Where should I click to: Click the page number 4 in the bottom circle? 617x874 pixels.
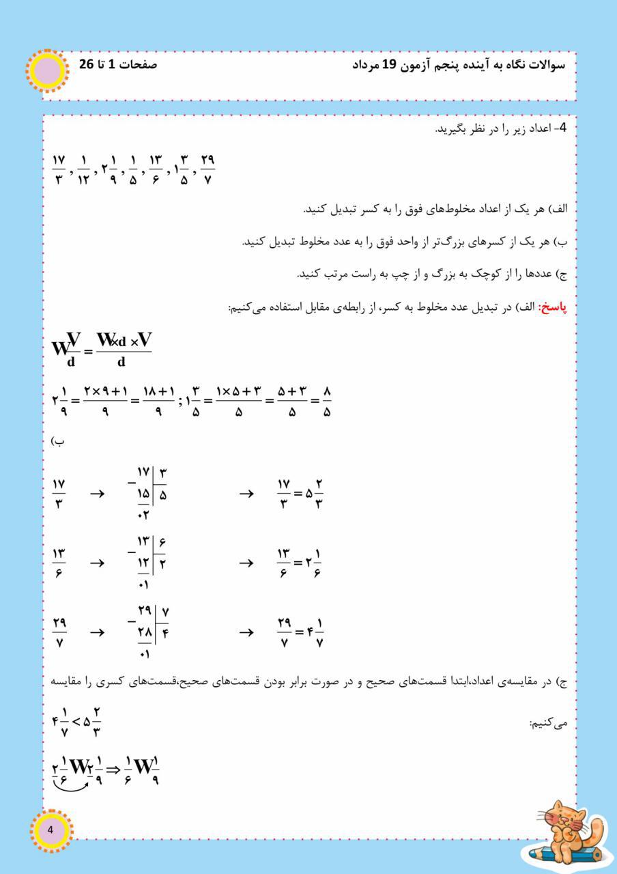[x=49, y=830]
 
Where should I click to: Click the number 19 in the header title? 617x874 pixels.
[x=397, y=66]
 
